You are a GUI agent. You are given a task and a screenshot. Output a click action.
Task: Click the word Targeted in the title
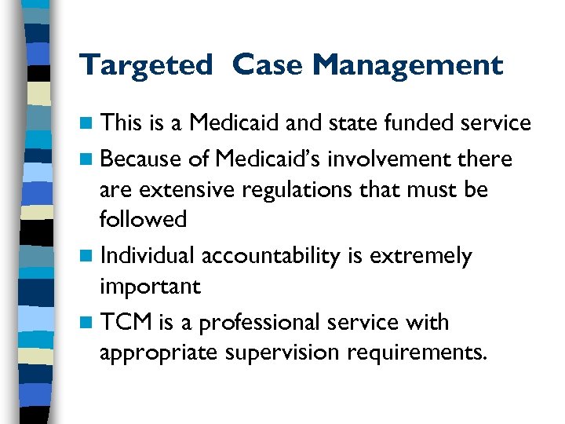(145, 66)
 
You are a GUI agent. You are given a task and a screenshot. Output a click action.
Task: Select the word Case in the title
(268, 66)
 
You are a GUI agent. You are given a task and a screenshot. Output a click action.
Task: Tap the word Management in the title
(408, 66)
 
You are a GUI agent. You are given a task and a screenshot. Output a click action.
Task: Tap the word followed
(144, 219)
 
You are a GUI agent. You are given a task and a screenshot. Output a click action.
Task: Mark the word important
(150, 287)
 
